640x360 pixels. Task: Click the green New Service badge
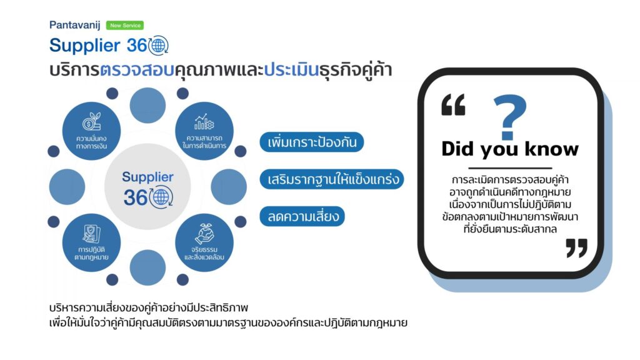tap(125, 25)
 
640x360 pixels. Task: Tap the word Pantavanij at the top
tap(75, 25)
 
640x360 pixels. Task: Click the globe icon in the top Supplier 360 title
tap(158, 45)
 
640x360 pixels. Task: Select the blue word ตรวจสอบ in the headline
tap(137, 70)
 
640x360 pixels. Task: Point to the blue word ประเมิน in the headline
tap(291, 70)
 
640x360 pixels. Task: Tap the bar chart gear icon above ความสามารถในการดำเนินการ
tap(204, 122)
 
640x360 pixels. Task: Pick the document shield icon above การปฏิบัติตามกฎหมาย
tap(91, 234)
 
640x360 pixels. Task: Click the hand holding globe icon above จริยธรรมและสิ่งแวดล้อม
tap(204, 234)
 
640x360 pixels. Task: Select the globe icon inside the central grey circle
tap(161, 197)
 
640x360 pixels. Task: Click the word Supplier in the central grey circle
tap(147, 177)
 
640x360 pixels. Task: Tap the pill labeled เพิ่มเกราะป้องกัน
tap(312, 142)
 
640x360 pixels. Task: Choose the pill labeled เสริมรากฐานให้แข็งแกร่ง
tap(332, 179)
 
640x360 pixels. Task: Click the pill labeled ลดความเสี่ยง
tap(302, 216)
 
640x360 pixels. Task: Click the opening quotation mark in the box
tap(453, 105)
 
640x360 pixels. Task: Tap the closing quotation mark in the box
tap(576, 248)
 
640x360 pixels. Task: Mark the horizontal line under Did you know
tap(510, 167)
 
